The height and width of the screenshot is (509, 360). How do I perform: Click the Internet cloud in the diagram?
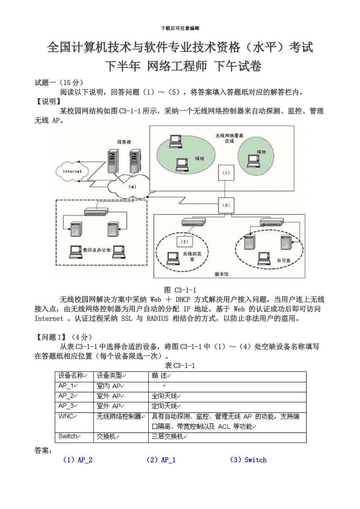72,172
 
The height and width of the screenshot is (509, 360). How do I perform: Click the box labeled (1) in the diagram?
226,173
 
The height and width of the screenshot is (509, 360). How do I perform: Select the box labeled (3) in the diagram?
226,205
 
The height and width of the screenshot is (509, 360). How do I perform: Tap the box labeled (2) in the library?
185,242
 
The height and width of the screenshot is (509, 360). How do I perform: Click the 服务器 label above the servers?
124,142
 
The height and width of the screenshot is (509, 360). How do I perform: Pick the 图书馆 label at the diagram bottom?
222,274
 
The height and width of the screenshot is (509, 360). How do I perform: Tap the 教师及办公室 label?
97,250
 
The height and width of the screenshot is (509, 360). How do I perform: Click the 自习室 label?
283,261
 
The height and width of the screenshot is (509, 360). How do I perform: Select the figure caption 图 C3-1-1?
180,290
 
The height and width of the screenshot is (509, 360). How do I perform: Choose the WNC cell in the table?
67,416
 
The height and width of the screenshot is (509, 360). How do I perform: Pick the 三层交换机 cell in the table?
167,437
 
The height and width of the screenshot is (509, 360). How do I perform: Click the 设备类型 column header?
110,376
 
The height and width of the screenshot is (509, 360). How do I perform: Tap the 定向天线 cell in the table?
165,406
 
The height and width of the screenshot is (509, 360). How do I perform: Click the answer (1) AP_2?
78,460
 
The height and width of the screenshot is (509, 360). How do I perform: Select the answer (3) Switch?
248,460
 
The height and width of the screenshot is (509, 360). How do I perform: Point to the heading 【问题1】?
52,337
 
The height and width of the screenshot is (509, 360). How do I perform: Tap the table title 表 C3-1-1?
180,365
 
